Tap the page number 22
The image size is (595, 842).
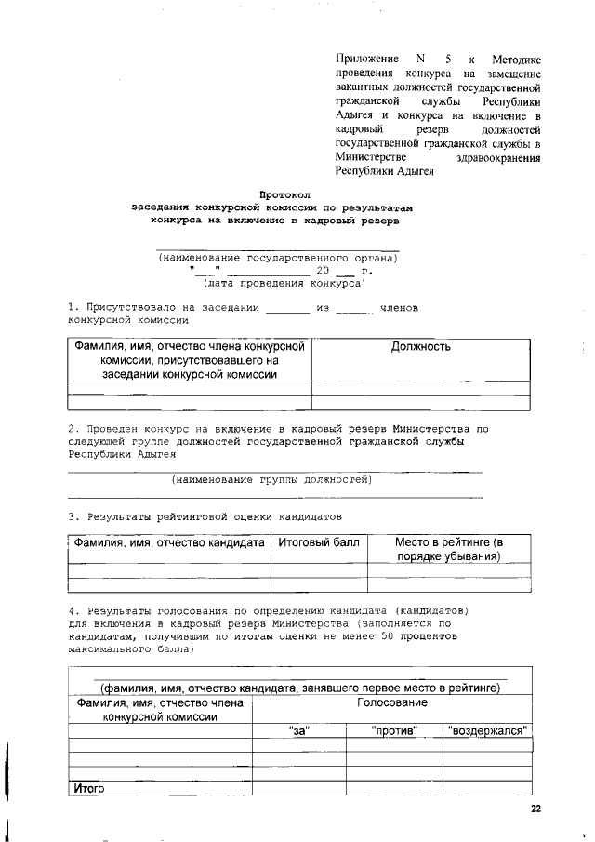[x=535, y=809]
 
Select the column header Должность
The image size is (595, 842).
[x=420, y=347]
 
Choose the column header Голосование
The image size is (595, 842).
[x=391, y=704]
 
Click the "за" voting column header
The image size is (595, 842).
[x=299, y=731]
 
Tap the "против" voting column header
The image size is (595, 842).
[x=394, y=731]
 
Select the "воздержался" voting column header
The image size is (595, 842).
[x=487, y=731]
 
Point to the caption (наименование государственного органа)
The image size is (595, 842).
[x=277, y=258]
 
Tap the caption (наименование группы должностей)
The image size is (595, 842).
[x=271, y=479]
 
